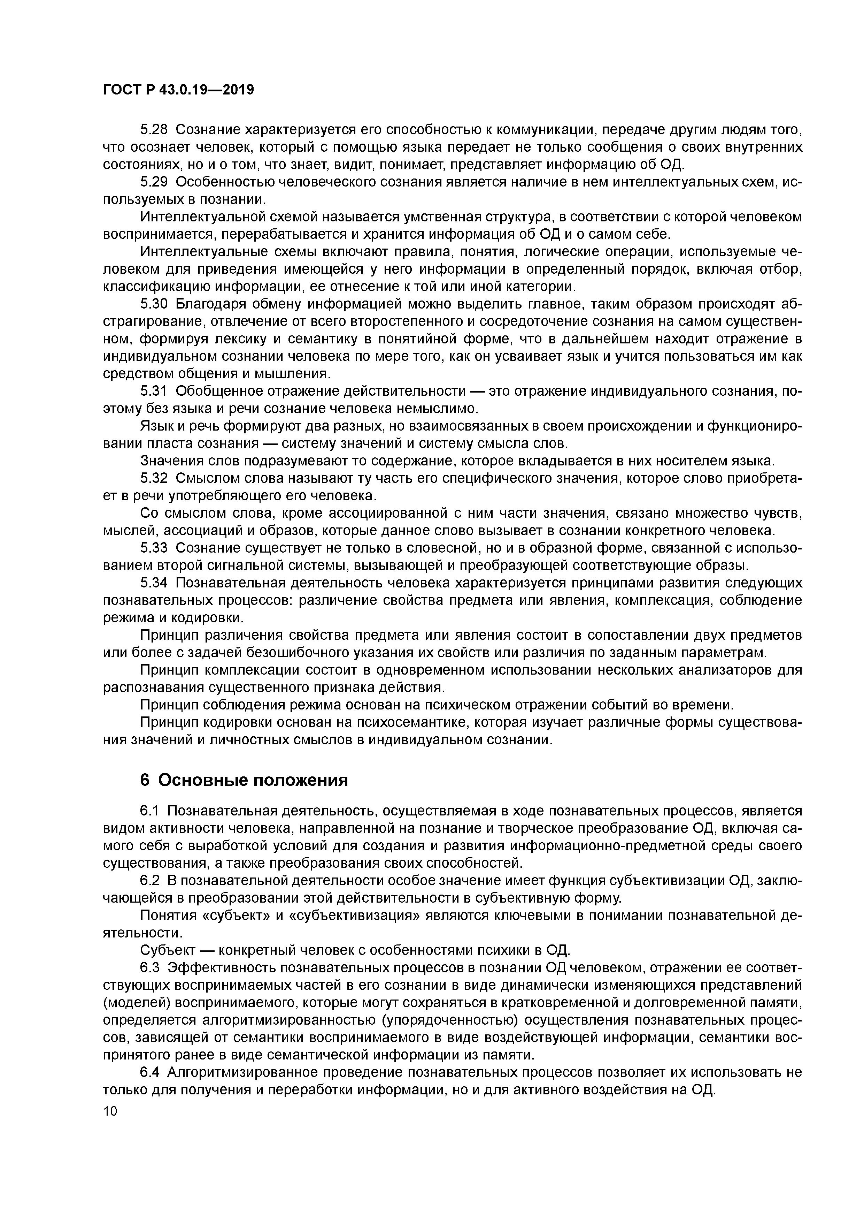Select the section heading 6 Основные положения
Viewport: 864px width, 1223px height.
coord(244,780)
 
